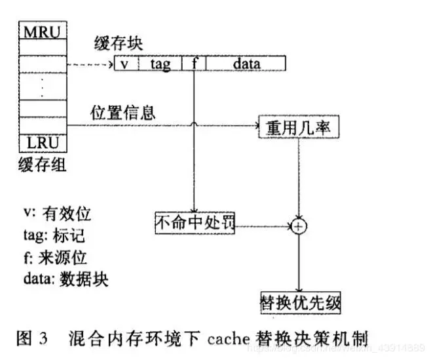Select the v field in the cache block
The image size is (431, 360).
pos(124,64)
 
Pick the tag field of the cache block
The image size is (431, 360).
pos(160,64)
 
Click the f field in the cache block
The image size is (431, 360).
pos(196,64)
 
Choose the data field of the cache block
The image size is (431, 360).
pos(246,64)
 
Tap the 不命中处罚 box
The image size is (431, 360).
pos(195,223)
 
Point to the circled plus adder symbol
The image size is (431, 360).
pos(299,226)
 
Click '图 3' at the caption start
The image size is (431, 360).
pos(31,339)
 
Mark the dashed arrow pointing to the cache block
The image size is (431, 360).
pos(90,64)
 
